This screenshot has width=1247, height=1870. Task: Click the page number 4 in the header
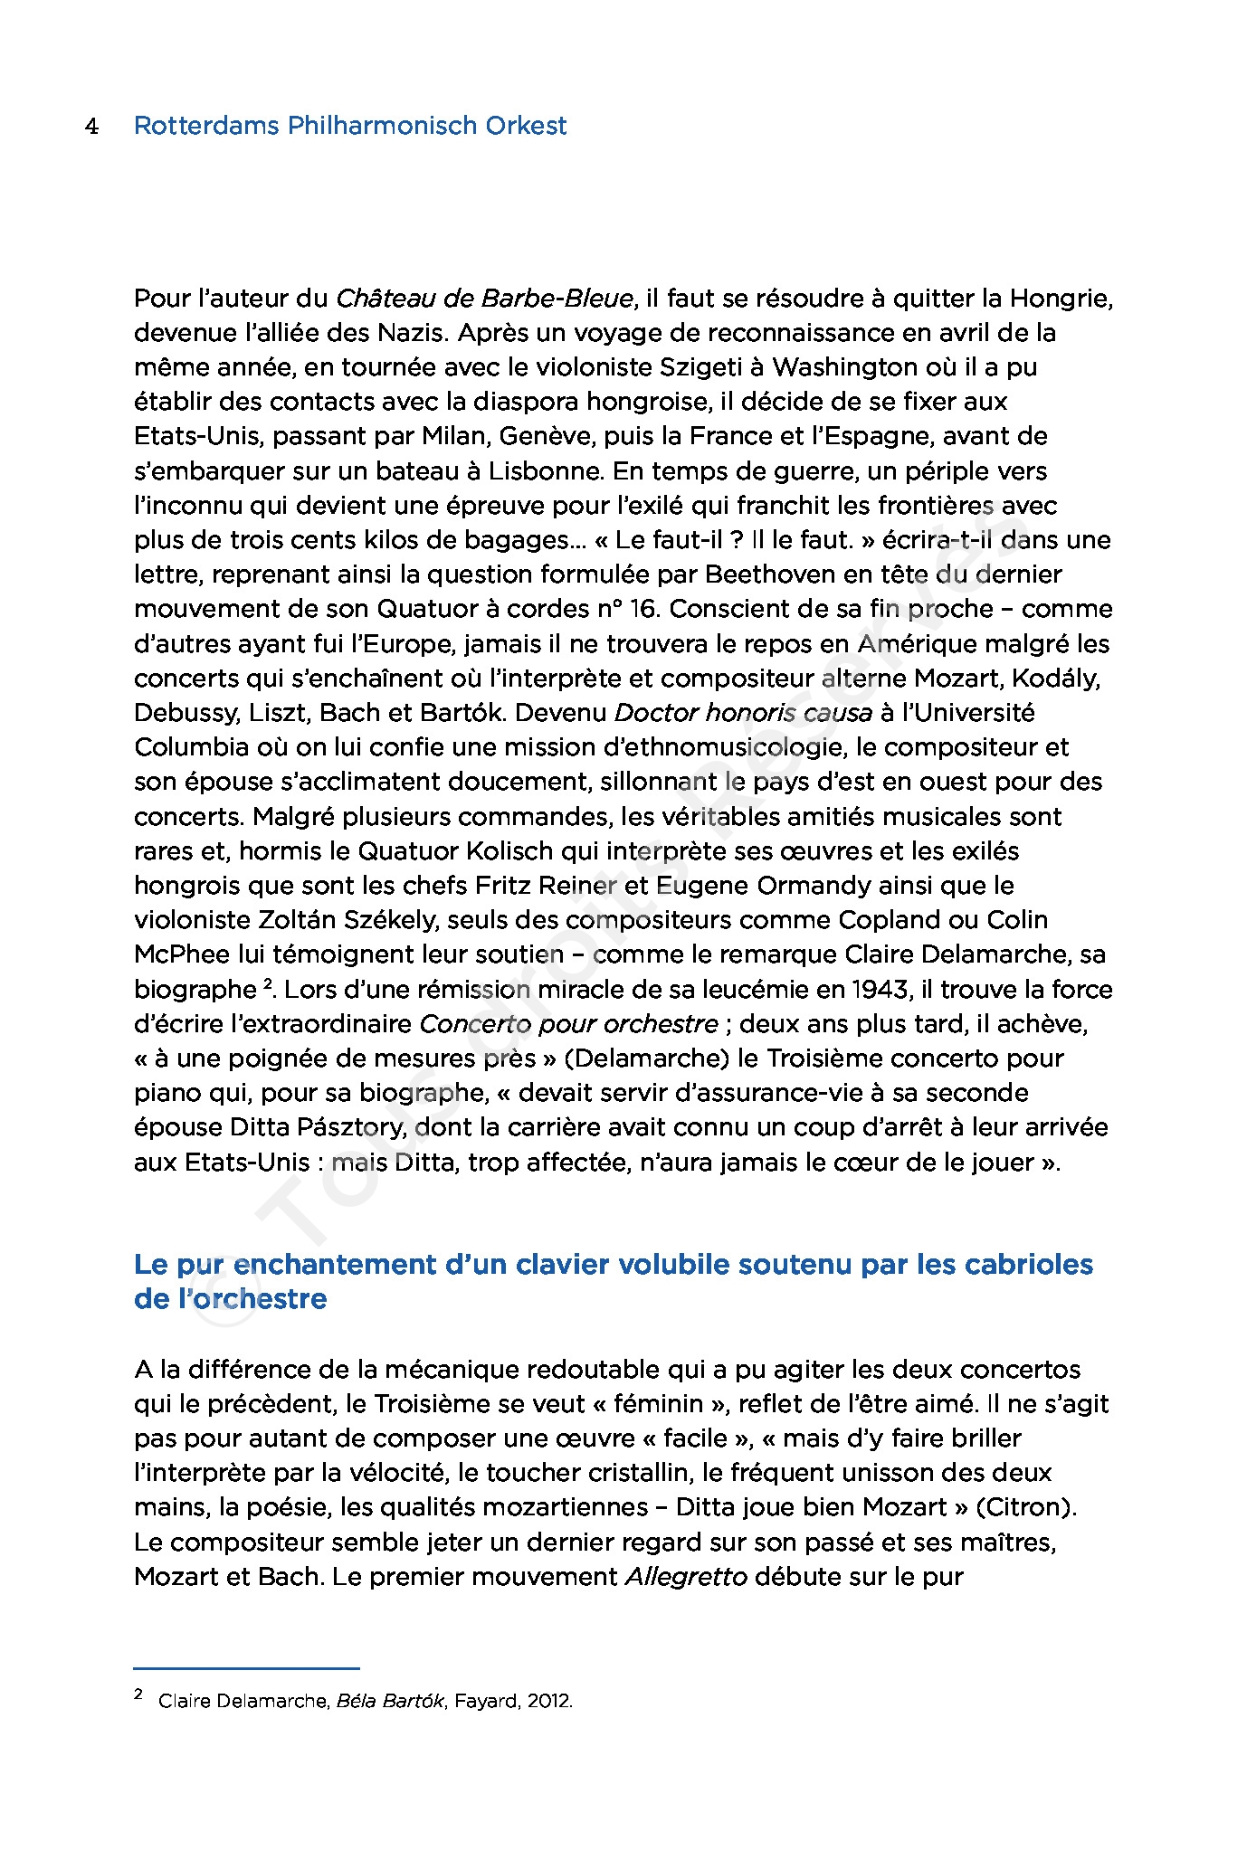point(91,127)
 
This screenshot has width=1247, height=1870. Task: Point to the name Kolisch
point(513,851)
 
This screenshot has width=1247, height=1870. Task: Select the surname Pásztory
point(356,1127)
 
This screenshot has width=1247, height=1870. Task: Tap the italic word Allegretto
point(687,1577)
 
